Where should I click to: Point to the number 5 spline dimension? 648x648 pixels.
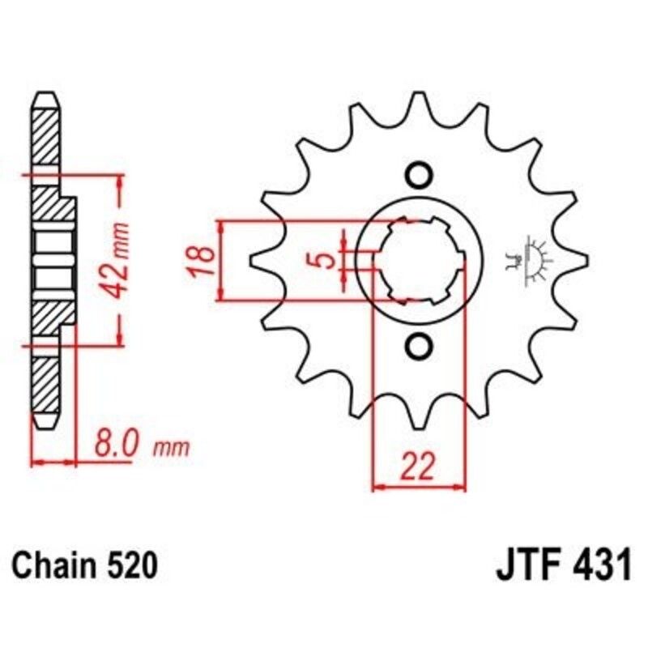pyautogui.click(x=324, y=260)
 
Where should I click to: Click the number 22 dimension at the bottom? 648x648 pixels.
pyautogui.click(x=418, y=467)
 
